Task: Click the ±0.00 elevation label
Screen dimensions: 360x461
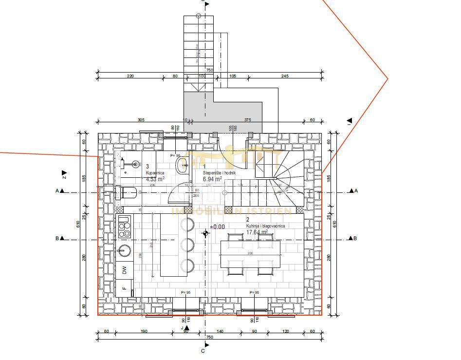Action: (218, 227)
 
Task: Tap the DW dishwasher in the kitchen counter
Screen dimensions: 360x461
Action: (125, 269)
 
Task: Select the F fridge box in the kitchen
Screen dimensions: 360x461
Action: (125, 288)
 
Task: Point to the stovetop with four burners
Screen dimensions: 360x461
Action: (125, 227)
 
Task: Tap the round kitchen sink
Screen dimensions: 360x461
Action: (124, 251)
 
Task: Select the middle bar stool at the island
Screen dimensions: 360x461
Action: (187, 245)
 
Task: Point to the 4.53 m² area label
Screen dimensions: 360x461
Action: (155, 179)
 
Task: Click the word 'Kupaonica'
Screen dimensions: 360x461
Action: (155, 173)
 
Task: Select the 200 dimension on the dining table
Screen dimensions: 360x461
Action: (250, 254)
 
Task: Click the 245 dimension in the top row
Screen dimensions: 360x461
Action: (285, 76)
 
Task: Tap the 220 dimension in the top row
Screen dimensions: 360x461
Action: (130, 76)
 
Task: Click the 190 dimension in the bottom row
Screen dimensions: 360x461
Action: (144, 331)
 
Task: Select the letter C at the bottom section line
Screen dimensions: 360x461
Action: (203, 351)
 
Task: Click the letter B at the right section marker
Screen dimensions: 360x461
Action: (355, 239)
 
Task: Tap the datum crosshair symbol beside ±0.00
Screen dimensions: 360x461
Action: (205, 233)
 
